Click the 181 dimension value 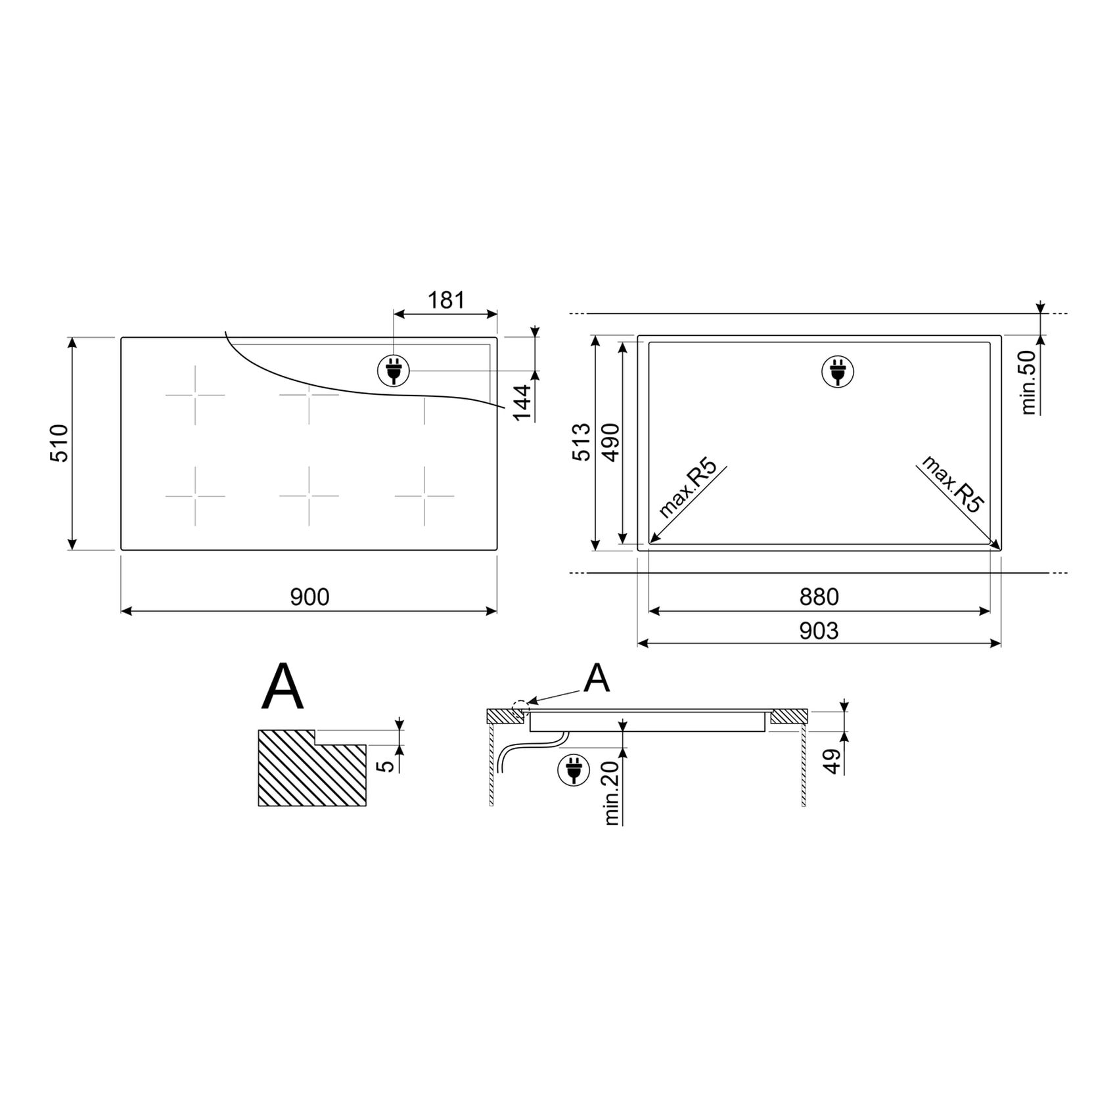446,300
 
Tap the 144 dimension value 522,403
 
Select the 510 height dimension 59,444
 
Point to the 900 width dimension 309,597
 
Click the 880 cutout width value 819,597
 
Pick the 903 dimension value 819,631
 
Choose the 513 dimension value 581,442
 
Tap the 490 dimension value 610,442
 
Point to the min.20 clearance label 612,792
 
